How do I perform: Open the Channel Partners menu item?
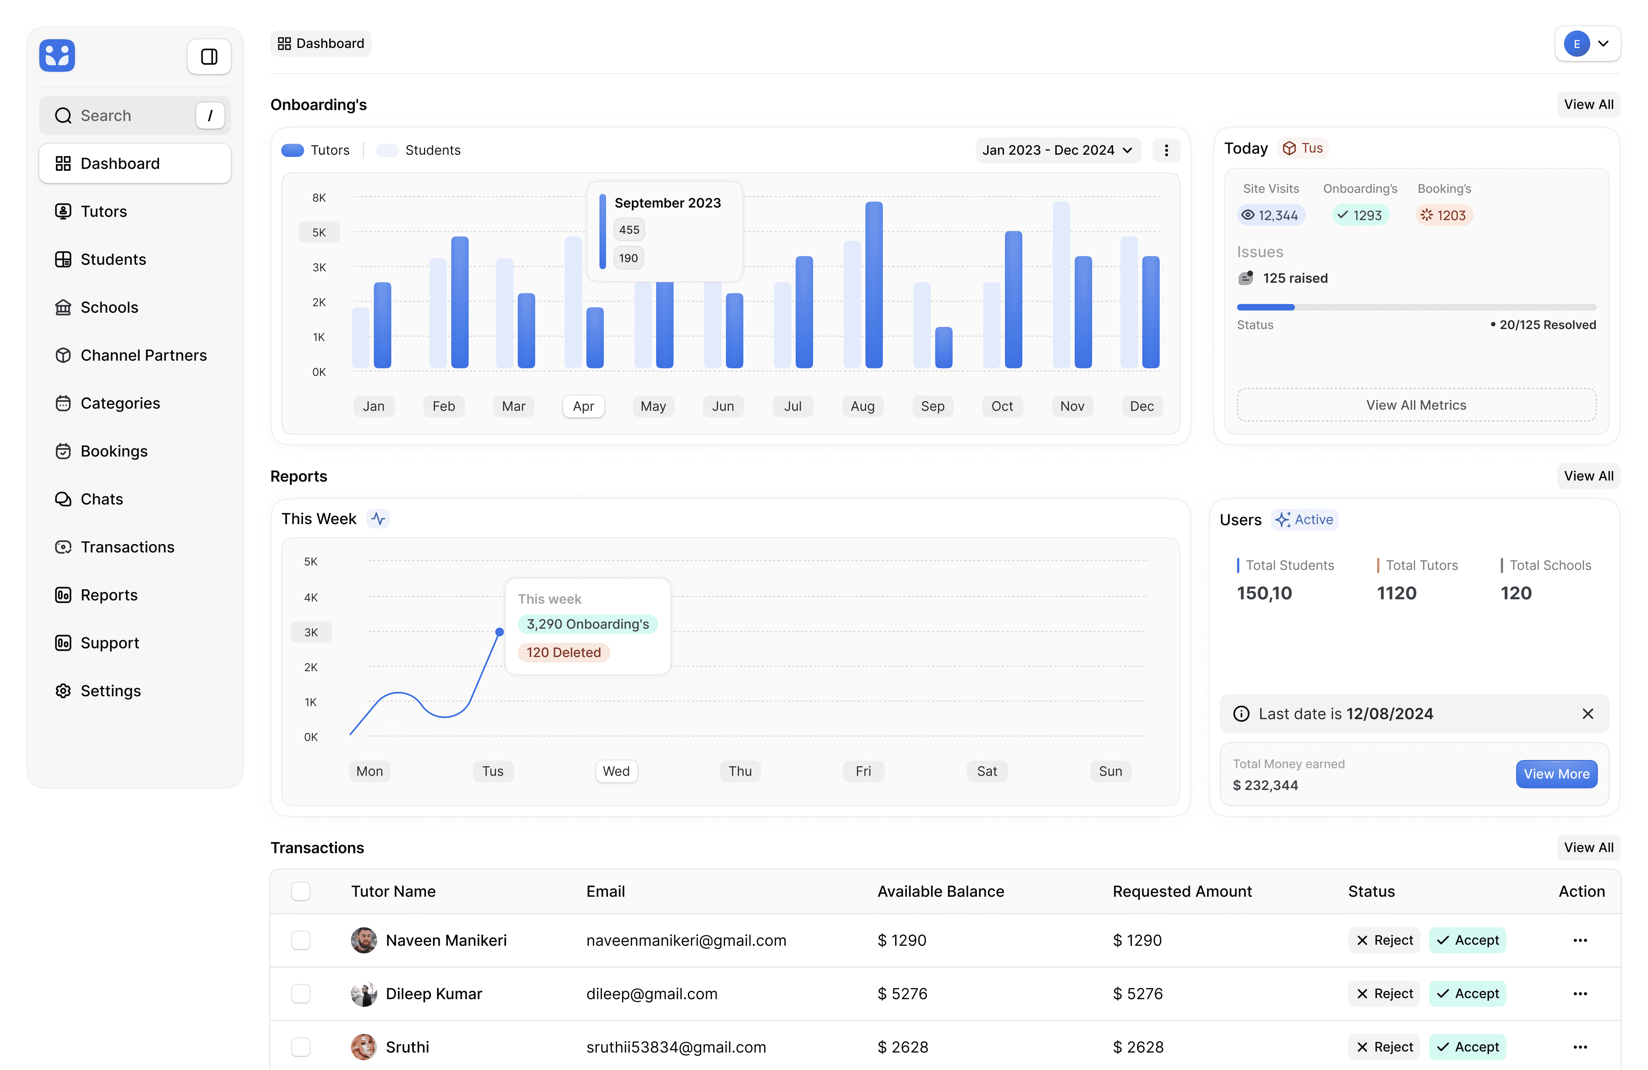coord(143,355)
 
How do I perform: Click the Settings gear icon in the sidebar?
coord(63,691)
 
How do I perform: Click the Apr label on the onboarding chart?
coord(583,406)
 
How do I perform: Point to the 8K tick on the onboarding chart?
coord(319,198)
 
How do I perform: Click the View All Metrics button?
coord(1416,405)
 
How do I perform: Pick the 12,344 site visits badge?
coord(1271,215)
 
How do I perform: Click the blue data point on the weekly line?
coord(499,632)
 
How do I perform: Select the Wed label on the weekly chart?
coord(616,771)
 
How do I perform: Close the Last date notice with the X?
coord(1588,714)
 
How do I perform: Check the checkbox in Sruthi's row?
coord(301,1047)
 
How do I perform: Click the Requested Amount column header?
coord(1182,891)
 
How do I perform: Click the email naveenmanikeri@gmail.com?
coord(686,940)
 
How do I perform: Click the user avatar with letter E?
coord(1577,44)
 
